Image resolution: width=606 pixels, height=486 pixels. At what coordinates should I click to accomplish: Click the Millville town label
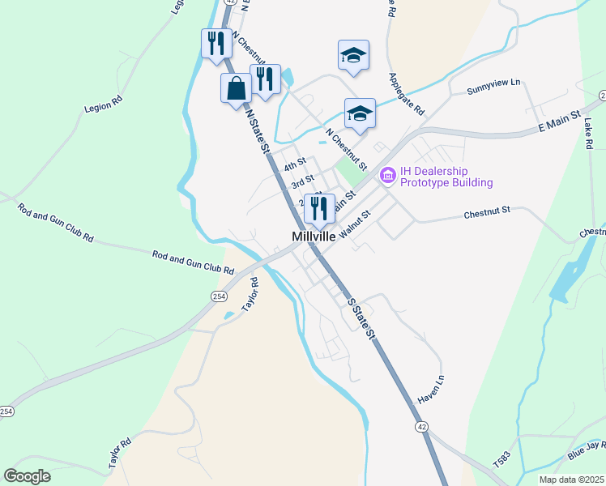coord(314,236)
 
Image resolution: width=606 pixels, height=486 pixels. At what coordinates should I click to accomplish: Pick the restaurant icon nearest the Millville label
coord(320,208)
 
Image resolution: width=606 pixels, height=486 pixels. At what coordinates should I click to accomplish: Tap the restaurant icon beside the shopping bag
coord(265,79)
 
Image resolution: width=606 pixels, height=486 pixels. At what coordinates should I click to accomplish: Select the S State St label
coord(362,318)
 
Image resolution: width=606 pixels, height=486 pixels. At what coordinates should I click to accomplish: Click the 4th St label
coord(296,164)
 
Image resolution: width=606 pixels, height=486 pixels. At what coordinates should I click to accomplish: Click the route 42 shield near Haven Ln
coord(420,426)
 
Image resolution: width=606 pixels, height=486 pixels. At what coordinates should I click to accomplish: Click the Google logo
coord(28,476)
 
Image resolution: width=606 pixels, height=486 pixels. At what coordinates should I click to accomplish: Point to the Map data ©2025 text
coord(570,480)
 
